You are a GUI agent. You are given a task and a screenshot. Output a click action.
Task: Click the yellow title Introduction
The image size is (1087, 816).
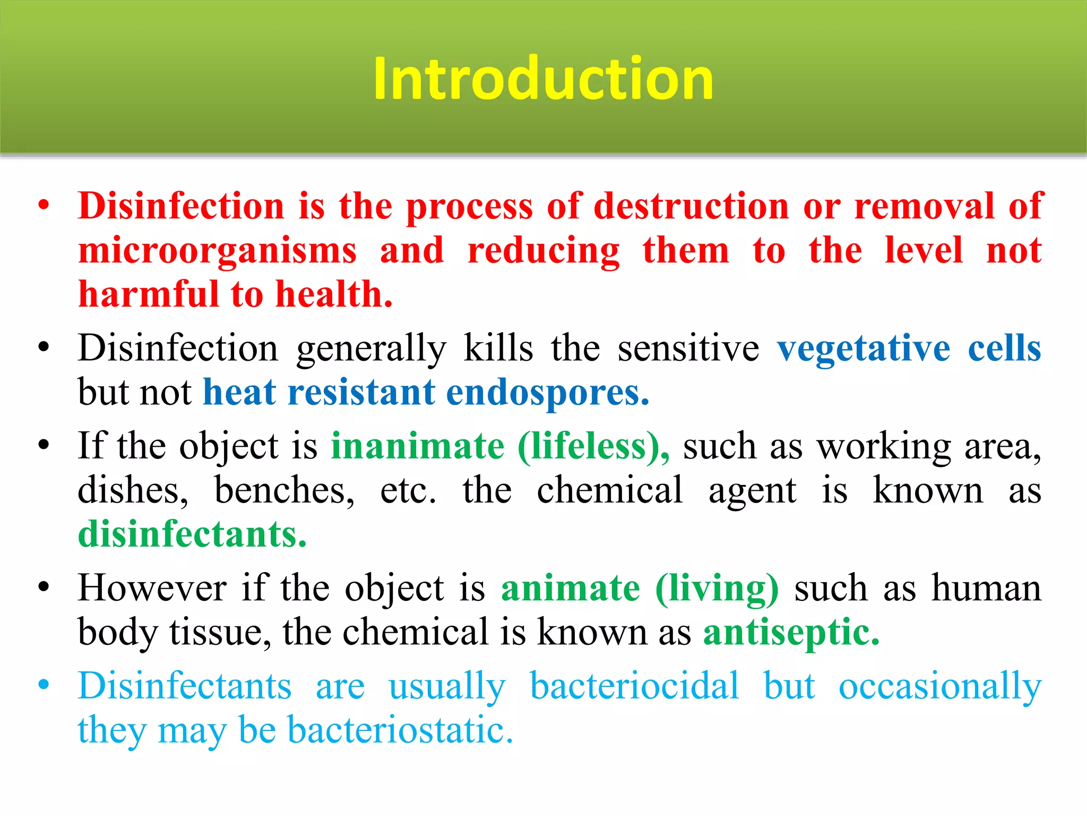543,79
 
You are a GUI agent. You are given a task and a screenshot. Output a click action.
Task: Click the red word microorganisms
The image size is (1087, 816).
218,251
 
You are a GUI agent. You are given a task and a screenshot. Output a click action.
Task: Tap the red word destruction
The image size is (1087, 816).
691,206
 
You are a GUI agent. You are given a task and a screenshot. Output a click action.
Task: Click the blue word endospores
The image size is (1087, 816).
547,393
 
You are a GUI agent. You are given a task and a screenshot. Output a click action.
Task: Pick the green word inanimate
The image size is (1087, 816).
418,446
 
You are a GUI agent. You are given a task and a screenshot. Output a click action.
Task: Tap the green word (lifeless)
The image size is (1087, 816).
593,446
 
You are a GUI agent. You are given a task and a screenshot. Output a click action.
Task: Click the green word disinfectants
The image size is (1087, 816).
192,534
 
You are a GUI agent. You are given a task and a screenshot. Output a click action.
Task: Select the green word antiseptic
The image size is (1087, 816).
791,633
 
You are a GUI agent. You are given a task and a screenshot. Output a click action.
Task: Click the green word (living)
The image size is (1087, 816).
717,589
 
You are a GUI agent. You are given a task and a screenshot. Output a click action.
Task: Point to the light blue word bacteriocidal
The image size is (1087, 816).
634,686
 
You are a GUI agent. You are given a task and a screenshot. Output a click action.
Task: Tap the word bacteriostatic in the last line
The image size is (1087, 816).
400,730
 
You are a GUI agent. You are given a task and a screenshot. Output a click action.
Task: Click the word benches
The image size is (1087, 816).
284,490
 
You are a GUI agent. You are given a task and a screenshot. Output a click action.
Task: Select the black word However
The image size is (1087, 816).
152,589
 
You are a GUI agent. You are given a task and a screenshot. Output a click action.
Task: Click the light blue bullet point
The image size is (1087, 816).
44,685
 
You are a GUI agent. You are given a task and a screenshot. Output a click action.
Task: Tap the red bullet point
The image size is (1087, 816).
44,206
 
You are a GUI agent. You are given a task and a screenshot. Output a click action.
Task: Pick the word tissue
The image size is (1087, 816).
220,633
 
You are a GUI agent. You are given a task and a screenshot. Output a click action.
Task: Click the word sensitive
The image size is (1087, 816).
688,348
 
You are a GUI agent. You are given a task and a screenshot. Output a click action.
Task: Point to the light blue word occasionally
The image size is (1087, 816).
939,686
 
